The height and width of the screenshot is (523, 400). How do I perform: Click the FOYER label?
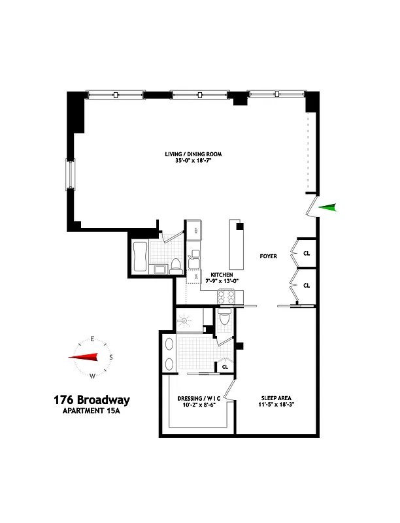pos(267,256)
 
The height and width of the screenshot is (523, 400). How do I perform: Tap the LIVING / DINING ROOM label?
pos(193,154)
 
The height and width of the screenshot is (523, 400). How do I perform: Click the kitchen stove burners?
pos(225,297)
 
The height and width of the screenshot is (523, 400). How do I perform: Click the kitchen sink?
pos(194,261)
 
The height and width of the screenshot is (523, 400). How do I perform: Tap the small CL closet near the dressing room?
pos(225,367)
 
